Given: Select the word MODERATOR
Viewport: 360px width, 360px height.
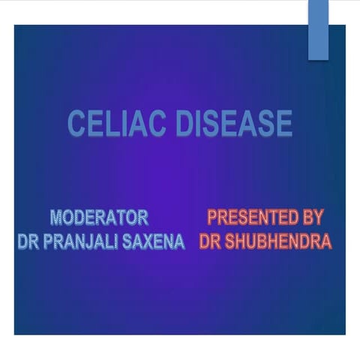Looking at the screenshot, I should (99, 218).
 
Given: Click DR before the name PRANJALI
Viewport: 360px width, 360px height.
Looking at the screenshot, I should (28, 242).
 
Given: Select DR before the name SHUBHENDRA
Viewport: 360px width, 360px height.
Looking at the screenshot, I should (211, 242).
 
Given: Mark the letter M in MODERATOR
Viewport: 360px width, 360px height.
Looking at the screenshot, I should (58, 218).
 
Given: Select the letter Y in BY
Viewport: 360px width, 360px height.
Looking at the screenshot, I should (318, 218).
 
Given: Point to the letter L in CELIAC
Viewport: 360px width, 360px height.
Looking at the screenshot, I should (110, 124).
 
